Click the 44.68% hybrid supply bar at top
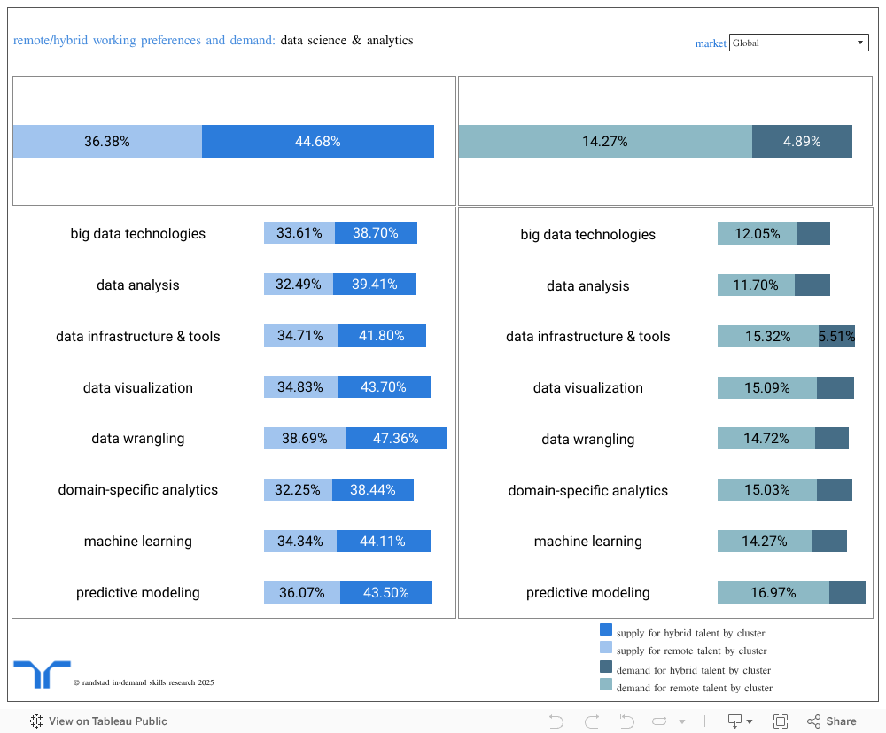tap(317, 142)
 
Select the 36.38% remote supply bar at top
tap(107, 142)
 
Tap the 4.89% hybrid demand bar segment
tap(802, 142)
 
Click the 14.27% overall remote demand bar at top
tap(605, 142)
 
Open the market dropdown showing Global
tap(798, 43)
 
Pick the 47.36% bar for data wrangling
tap(395, 439)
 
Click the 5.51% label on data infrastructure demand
tap(836, 337)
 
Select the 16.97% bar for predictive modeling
tap(773, 593)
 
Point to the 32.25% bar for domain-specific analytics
tap(299, 490)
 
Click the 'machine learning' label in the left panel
tap(138, 542)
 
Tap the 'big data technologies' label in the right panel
tap(588, 235)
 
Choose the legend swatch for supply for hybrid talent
tap(606, 630)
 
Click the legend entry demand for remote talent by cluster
tap(695, 688)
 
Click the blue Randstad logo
tap(42, 674)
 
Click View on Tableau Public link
tap(98, 721)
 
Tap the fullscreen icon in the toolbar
tap(781, 721)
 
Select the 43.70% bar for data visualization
tap(384, 387)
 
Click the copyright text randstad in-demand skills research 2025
tap(144, 682)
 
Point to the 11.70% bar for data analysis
tap(756, 285)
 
